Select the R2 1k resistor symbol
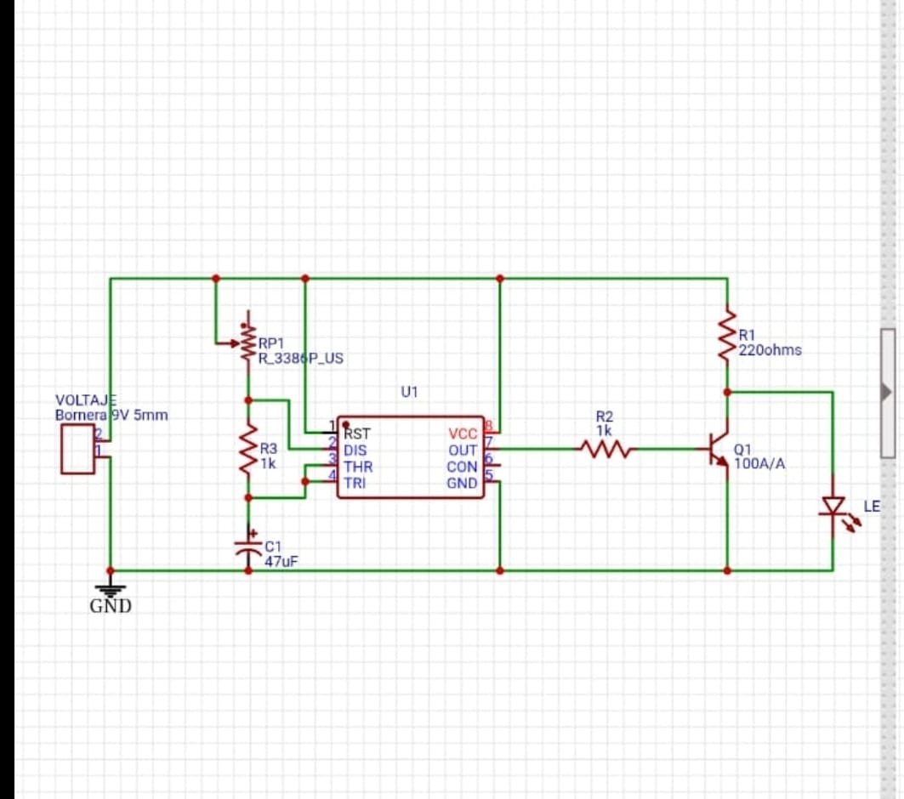coord(605,448)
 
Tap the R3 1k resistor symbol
coord(248,450)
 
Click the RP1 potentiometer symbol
coord(245,342)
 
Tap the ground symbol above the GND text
coord(110,586)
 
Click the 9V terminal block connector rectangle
coord(77,450)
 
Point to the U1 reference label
coord(410,393)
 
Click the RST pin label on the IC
coord(357,433)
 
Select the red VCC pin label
coord(463,434)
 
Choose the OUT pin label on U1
coord(463,450)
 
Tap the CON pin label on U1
coord(462,467)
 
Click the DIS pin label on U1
coord(355,450)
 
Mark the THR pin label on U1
coord(358,467)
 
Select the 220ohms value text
coord(770,350)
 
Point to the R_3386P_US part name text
coord(301,359)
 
